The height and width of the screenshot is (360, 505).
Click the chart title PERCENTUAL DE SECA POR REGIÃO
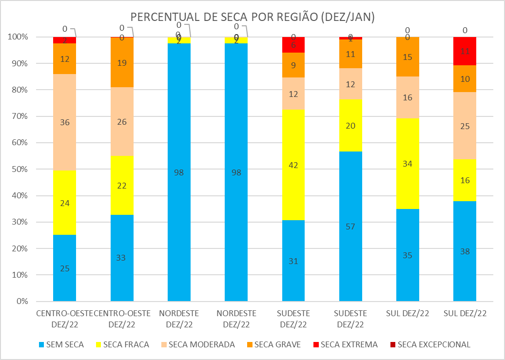coord(252,17)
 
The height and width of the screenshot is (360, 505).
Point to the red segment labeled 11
coord(465,51)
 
